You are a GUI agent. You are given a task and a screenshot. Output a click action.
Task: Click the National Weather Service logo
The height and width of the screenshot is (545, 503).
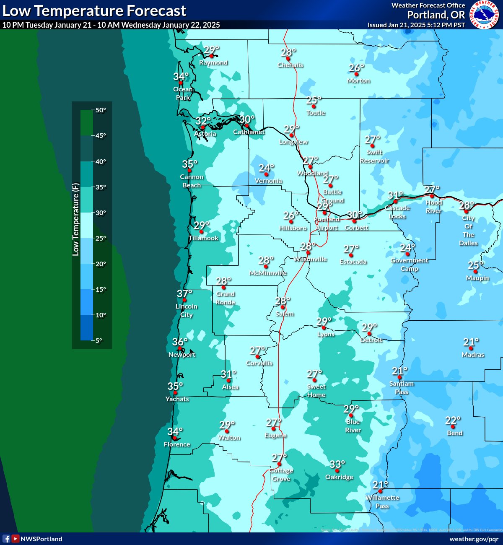(x=485, y=15)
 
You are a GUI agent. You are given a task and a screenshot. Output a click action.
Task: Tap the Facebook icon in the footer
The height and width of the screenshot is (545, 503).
(x=6, y=539)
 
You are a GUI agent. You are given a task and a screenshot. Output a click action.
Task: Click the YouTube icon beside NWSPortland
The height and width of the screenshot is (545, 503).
(x=16, y=539)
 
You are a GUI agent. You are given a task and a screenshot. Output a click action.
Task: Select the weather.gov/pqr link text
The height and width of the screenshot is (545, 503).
(x=474, y=539)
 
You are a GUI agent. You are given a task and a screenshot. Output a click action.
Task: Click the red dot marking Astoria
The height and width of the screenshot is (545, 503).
(x=203, y=127)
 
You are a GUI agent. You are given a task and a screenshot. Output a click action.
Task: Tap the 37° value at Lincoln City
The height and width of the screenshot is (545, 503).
(x=184, y=293)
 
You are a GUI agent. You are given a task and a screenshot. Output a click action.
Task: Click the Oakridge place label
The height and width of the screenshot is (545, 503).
(x=339, y=477)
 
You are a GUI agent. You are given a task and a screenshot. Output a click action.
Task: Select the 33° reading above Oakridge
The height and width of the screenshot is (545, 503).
(x=337, y=464)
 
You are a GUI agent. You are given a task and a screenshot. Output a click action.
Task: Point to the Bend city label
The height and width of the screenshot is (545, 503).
(x=455, y=433)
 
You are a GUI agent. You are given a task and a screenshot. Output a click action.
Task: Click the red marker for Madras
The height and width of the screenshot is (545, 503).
(x=471, y=348)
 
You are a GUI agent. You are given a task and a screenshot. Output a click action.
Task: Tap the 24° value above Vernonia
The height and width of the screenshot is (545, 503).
(x=266, y=168)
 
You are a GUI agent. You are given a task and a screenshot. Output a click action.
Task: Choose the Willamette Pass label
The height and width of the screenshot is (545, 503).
(x=382, y=502)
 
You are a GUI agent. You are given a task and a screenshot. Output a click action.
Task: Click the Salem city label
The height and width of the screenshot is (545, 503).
(x=285, y=314)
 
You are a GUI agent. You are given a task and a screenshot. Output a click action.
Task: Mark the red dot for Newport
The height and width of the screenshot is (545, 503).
(x=179, y=348)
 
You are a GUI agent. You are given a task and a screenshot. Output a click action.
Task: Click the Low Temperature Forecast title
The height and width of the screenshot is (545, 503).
(x=94, y=10)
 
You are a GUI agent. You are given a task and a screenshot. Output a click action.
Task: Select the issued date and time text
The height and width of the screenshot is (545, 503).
(x=416, y=25)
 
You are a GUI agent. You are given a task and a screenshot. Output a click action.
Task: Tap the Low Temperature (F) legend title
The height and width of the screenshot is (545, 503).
(x=75, y=219)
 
